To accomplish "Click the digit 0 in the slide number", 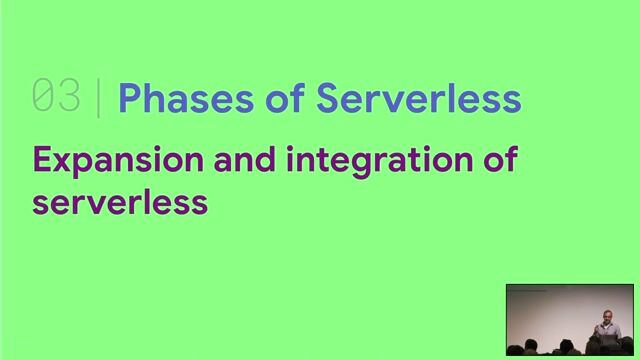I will click(x=43, y=97).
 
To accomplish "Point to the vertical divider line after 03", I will click(x=98, y=98).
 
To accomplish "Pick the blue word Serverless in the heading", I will click(x=418, y=98).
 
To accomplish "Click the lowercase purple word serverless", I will click(x=120, y=201).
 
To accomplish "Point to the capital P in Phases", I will click(x=129, y=98).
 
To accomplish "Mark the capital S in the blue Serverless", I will click(x=329, y=98).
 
